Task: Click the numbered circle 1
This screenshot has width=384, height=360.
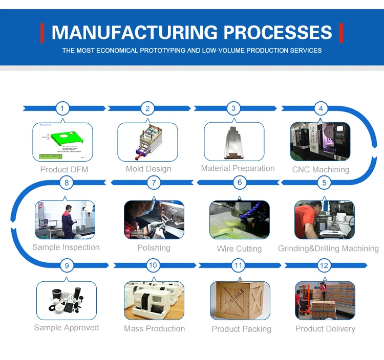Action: (62, 108)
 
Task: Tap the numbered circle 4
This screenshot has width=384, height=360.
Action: (321, 108)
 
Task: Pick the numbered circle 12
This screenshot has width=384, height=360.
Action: (323, 265)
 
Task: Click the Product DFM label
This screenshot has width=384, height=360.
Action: (64, 169)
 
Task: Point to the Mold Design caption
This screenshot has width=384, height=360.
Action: (148, 169)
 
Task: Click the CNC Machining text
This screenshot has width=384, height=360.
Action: (321, 169)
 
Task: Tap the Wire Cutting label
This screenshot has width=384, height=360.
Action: (239, 249)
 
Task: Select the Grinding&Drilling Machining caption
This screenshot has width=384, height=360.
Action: (328, 249)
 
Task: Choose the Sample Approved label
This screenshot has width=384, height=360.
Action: (66, 328)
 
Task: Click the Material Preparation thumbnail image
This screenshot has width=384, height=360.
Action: (234, 141)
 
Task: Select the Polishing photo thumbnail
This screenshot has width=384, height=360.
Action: (154, 219)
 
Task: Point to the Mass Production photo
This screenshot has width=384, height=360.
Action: (154, 301)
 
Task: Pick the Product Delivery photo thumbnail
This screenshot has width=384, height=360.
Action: (325, 301)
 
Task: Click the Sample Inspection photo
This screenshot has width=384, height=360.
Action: (65, 219)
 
